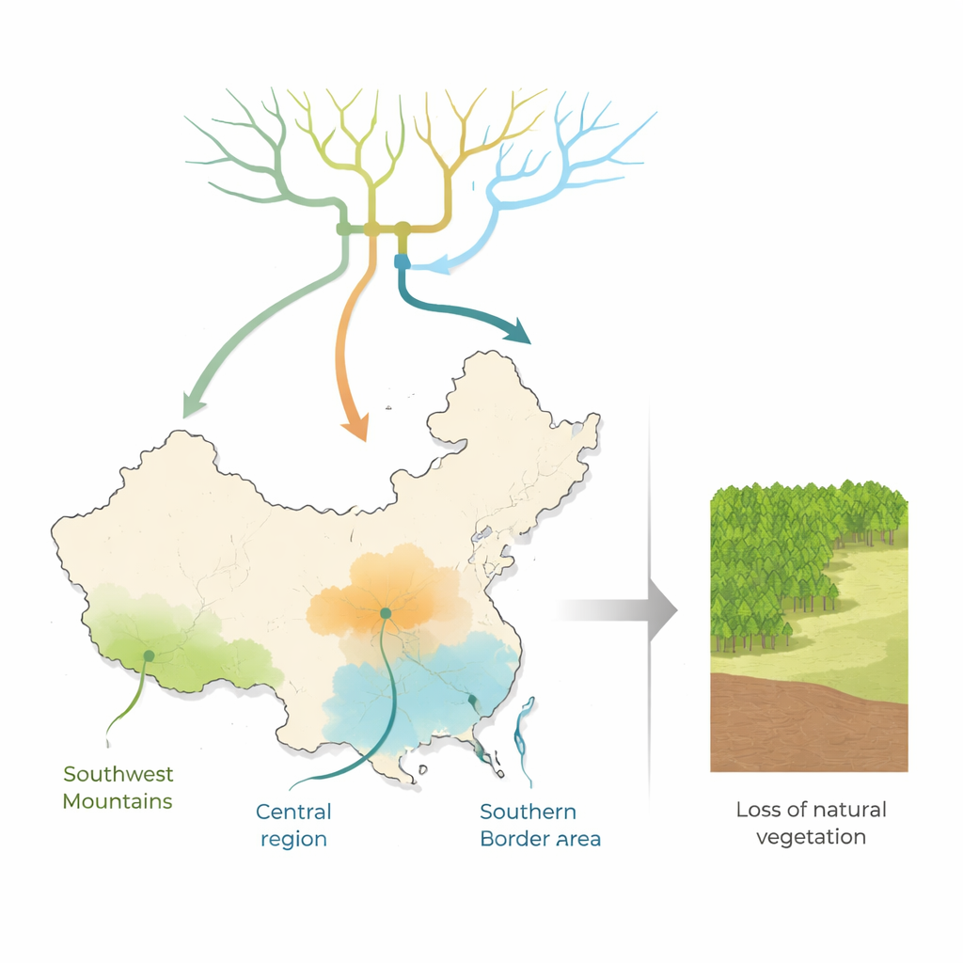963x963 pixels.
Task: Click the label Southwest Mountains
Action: pos(118,787)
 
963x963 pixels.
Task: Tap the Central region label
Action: pos(293,825)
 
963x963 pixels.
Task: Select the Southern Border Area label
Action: pos(541,825)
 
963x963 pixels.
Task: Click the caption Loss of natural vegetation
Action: pos(812,823)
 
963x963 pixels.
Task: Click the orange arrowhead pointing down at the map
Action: pos(356,427)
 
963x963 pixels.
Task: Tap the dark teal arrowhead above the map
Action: pos(518,332)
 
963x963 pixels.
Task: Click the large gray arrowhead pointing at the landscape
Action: pos(663,610)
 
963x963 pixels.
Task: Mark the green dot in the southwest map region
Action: pos(149,655)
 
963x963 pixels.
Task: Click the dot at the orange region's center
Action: pos(386,613)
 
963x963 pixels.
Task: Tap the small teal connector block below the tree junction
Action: pos(403,261)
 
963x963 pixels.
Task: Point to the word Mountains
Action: pos(118,801)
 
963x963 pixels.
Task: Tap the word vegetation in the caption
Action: pos(811,837)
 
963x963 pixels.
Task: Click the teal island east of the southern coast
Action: pos(525,740)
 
